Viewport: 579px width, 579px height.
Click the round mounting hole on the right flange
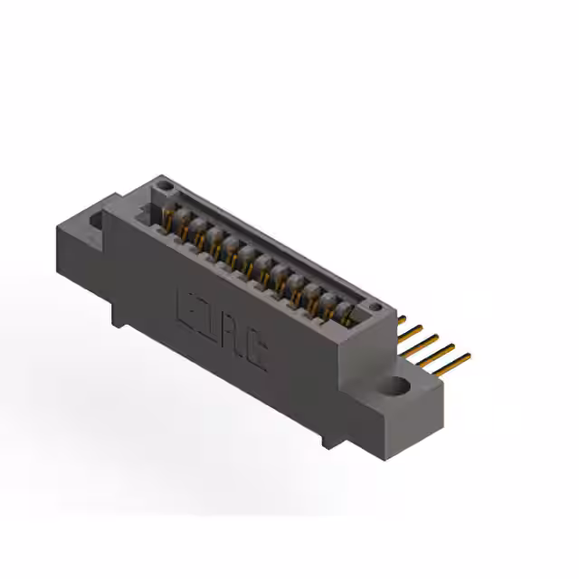pos(398,388)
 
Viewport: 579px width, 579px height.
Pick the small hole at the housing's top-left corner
pos(164,185)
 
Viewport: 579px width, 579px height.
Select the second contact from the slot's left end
pos(183,225)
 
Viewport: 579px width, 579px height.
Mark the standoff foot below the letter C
pos(326,439)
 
